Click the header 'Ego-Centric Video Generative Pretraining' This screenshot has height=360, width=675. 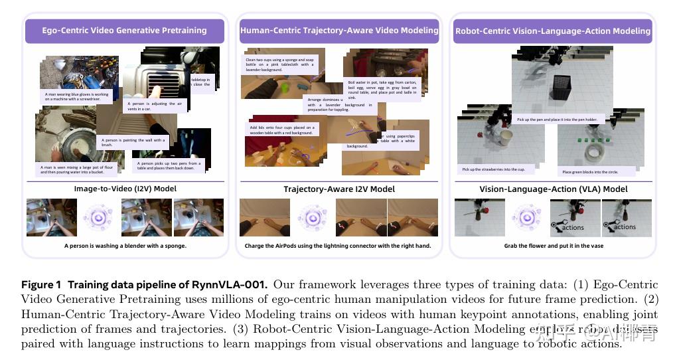tap(124, 31)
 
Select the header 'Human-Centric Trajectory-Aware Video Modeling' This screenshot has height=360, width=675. tap(339, 31)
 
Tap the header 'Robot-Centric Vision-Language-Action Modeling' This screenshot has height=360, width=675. tap(553, 31)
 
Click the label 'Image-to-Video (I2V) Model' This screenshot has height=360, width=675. tap(125, 189)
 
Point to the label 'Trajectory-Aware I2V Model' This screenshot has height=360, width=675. tap(339, 189)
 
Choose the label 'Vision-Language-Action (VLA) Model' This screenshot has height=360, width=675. tap(554, 189)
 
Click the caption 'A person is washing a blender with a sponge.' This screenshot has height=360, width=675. tap(125, 246)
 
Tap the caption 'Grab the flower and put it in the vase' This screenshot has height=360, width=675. tap(553, 246)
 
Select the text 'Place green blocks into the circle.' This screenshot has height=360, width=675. tap(591, 171)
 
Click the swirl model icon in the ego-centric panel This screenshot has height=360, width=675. tap(98, 218)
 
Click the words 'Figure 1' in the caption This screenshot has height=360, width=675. tap(42, 285)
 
